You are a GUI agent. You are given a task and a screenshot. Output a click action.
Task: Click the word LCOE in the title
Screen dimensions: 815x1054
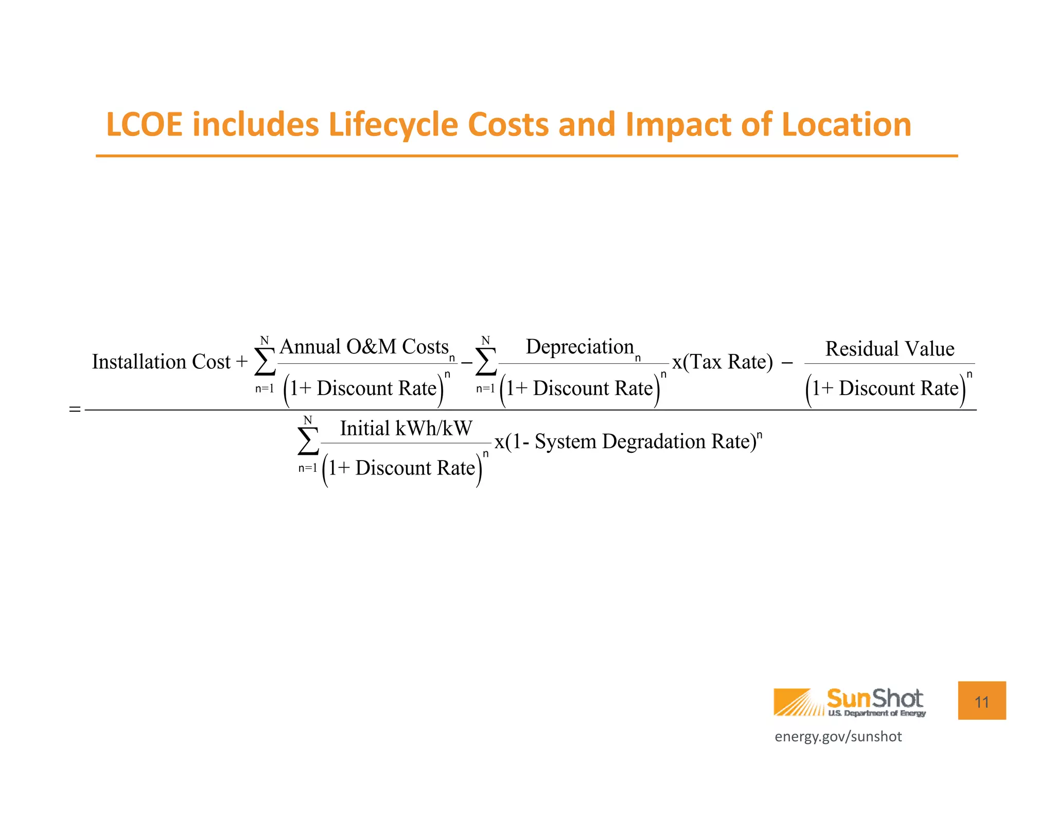(x=144, y=125)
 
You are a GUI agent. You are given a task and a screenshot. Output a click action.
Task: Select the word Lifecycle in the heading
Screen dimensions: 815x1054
(x=393, y=125)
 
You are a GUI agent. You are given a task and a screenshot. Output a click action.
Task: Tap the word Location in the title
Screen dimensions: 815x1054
(x=846, y=125)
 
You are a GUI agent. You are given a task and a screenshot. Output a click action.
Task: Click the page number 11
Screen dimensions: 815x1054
(x=981, y=701)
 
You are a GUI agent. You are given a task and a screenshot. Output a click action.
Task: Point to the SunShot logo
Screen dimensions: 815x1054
(x=850, y=702)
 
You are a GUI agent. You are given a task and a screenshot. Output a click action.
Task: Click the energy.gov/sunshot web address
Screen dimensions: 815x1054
(x=838, y=737)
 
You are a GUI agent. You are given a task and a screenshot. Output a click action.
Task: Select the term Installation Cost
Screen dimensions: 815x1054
(x=161, y=362)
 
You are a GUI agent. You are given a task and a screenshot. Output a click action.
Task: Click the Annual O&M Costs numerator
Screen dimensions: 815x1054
(x=364, y=347)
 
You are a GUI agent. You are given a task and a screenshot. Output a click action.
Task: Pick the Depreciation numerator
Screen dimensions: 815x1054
(x=580, y=347)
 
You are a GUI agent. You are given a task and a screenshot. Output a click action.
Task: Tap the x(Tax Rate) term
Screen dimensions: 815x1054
(x=723, y=362)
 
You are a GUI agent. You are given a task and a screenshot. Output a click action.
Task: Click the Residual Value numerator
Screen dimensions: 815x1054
(x=890, y=349)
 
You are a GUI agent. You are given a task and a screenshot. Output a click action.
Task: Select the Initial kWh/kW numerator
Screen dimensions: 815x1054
(x=406, y=428)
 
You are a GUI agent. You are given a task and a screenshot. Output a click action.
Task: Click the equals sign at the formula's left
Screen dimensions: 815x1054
(x=75, y=410)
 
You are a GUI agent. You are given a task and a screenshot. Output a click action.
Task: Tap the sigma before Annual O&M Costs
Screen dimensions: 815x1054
(x=265, y=362)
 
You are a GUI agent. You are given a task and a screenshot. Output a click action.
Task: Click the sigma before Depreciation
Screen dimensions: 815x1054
(x=486, y=362)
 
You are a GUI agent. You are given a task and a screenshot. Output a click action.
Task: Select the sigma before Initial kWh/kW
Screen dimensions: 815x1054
(x=308, y=442)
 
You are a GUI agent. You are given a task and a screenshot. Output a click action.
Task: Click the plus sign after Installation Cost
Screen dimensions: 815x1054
(x=242, y=362)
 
